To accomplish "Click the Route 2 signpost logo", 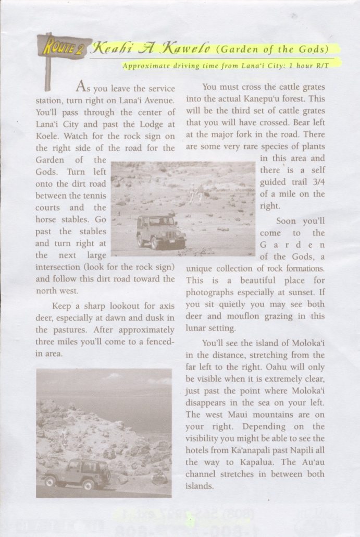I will tap(61, 48).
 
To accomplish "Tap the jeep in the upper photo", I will tap(161, 230).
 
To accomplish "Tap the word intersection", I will tap(58, 267).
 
